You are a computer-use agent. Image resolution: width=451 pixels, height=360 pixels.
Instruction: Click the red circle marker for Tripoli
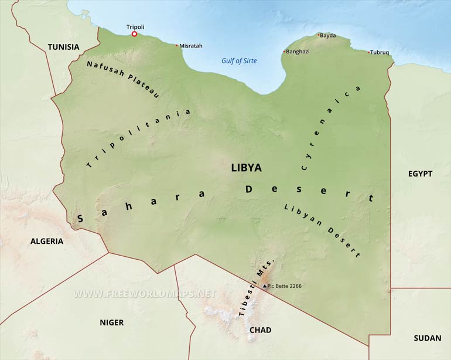pos(134,34)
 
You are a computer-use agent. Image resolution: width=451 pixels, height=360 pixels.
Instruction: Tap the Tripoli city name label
pos(135,26)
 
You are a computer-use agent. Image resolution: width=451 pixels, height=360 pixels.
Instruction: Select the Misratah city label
pos(191,46)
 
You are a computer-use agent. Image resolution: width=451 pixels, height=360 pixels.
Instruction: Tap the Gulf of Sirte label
pos(239,61)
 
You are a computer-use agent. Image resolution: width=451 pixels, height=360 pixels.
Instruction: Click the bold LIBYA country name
pos(247,168)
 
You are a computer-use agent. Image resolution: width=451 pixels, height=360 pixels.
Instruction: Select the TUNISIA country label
pos(63,47)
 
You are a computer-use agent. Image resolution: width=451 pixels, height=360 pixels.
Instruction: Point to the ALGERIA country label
pos(47,241)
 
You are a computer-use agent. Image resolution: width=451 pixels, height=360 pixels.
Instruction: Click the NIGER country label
pos(111,322)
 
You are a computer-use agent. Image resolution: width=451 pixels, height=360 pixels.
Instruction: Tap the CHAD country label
pos(261,330)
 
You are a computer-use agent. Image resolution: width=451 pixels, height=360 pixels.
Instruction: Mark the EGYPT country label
pos(420,174)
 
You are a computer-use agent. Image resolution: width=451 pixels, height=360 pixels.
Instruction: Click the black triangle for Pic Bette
pos(265,286)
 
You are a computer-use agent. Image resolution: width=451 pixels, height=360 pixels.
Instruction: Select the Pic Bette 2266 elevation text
pos(285,286)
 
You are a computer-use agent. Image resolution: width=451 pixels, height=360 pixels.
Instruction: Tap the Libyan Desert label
pos(322,230)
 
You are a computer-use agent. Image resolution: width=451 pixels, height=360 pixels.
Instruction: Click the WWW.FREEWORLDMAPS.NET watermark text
pos(145,293)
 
